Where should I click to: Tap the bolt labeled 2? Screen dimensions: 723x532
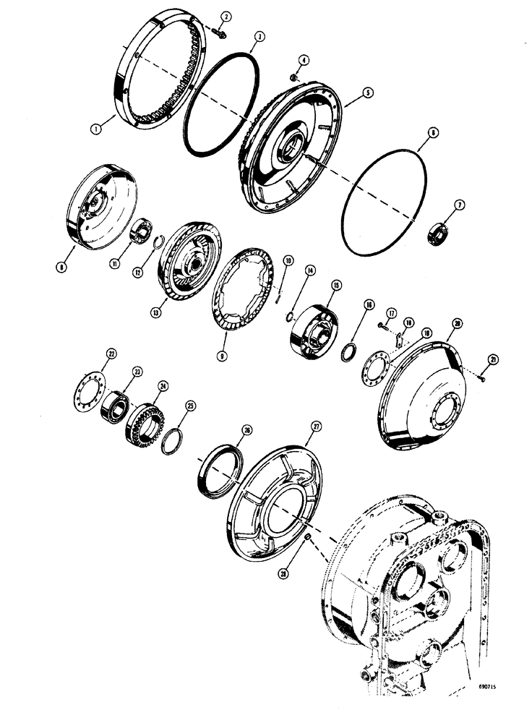219,31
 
